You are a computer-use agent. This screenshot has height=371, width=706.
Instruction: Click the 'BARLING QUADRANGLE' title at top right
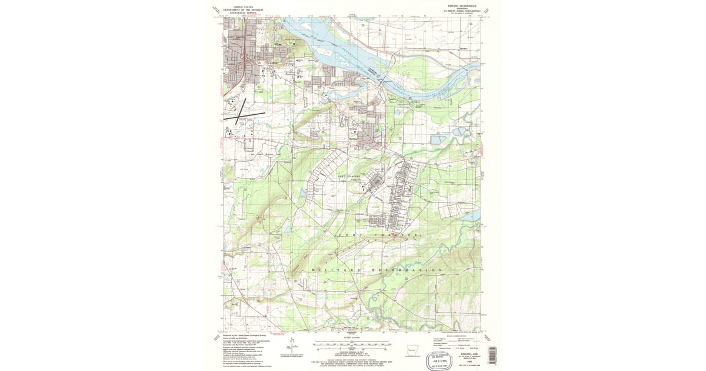tap(456, 5)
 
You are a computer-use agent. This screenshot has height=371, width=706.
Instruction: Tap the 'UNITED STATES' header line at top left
tap(247, 5)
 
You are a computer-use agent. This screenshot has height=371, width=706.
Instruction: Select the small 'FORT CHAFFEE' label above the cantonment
tap(347, 175)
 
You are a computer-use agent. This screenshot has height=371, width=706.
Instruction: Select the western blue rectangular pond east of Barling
tap(438, 140)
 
